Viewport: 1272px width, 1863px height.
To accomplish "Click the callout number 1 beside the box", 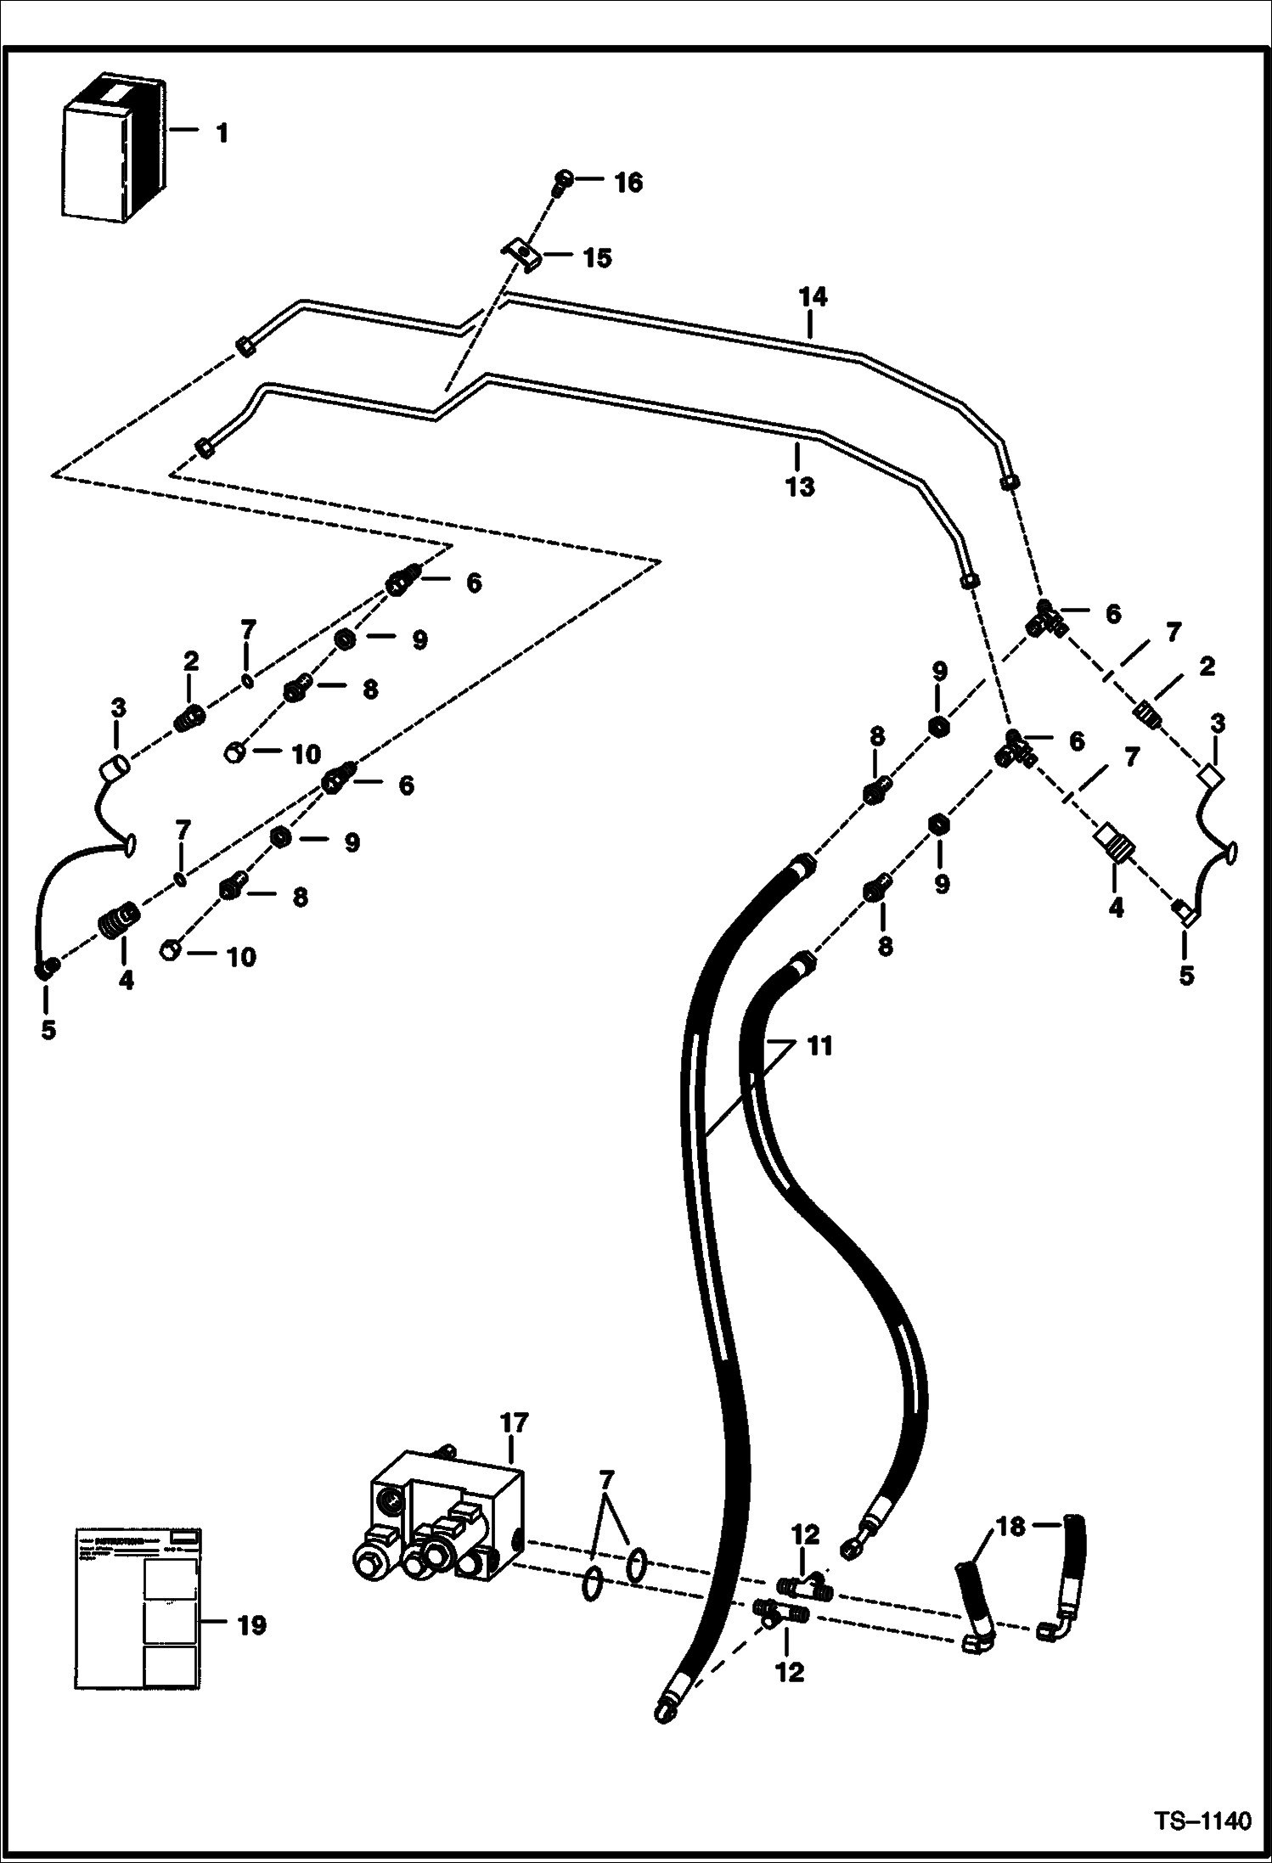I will coord(222,133).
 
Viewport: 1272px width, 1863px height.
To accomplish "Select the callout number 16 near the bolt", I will coord(628,183).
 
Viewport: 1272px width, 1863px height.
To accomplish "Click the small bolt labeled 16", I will coord(562,180).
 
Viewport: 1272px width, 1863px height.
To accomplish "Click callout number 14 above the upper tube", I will coord(812,298).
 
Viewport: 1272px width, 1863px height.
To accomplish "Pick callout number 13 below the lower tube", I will coord(800,487).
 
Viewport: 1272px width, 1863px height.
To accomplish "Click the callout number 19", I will coord(251,1625).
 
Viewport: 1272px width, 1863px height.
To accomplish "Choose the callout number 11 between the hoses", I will coord(819,1047).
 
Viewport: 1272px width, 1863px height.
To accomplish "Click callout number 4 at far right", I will coord(1116,908).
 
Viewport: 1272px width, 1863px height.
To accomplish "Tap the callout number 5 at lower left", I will coord(48,1030).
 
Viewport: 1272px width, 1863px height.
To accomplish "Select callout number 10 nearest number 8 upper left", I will coord(307,754).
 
